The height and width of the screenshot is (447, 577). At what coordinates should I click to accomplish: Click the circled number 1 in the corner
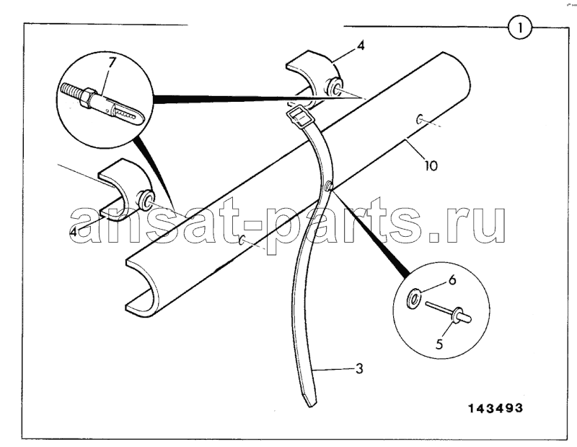pos(520,27)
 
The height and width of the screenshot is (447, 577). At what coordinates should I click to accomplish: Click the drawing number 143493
pos(495,408)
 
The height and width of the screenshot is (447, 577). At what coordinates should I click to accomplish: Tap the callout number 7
pos(111,63)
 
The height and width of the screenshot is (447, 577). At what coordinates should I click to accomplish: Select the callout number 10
pos(430,165)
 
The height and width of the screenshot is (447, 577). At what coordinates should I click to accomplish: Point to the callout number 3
pos(359,368)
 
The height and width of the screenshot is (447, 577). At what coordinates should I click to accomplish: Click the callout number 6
pos(452,280)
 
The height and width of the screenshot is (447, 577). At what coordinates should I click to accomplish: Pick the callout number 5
pos(439,344)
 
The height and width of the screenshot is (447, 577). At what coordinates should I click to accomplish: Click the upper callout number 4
pos(361,45)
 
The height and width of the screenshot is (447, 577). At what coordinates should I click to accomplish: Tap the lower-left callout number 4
pos(74,232)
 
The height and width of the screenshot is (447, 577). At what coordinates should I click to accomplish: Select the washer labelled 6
pos(413,297)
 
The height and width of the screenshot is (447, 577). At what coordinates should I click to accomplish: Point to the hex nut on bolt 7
pos(87,97)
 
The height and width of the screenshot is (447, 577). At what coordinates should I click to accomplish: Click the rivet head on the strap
pos(330,188)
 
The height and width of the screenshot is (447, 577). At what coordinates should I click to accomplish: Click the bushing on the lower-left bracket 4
pos(144,199)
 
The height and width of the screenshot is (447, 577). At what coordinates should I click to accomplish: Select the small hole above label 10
pos(419,119)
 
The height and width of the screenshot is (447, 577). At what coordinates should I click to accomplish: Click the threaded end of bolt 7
pos(71,90)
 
